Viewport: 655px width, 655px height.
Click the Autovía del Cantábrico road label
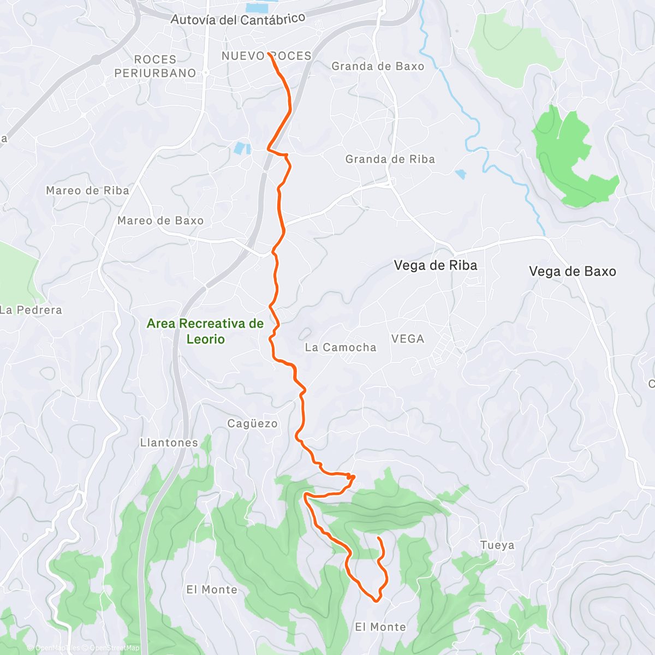point(238,20)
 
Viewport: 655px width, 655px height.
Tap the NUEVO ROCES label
point(266,56)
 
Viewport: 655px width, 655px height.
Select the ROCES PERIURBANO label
point(155,66)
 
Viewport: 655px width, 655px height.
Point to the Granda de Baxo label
point(378,66)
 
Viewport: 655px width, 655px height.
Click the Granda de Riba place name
point(390,159)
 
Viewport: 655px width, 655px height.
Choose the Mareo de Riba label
point(87,190)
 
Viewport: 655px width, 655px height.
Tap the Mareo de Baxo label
point(160,221)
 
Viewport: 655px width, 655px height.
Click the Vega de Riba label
point(436,266)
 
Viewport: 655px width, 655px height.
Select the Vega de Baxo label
point(573,271)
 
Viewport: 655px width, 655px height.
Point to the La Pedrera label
point(32,310)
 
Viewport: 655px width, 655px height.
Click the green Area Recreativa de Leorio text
point(205,331)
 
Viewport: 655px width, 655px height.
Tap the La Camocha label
point(341,347)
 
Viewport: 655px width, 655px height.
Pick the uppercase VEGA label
point(408,339)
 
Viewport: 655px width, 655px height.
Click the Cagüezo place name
point(252,424)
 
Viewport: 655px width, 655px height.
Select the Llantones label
point(169,443)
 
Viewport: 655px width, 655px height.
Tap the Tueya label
point(497,545)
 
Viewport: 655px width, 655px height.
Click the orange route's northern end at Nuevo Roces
point(270,54)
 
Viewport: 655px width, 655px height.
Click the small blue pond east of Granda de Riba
point(461,174)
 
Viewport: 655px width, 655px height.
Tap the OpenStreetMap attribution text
point(114,648)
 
